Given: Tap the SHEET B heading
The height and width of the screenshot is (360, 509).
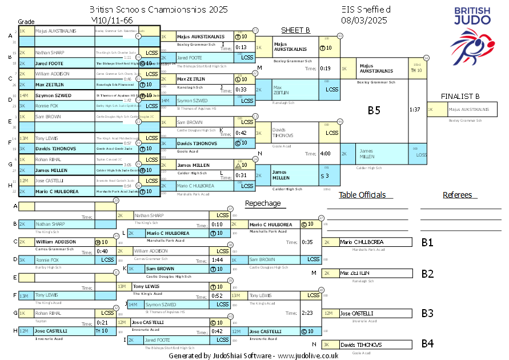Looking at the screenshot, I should click(x=295, y=30).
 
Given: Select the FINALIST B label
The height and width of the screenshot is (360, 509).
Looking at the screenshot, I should click(x=460, y=96).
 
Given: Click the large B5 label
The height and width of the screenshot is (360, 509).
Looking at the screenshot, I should click(x=374, y=111).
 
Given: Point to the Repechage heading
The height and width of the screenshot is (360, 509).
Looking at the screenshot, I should click(x=263, y=203).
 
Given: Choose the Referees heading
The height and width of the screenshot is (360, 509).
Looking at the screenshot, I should click(x=457, y=195).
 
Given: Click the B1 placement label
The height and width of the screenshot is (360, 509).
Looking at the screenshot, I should click(x=427, y=242).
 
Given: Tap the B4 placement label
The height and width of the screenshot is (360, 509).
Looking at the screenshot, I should click(x=427, y=344).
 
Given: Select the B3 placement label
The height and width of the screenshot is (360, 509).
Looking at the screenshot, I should click(x=427, y=313).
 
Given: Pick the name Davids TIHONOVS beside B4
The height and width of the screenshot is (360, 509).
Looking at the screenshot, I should click(x=361, y=345).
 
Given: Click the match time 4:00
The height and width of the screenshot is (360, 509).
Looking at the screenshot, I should click(x=326, y=154).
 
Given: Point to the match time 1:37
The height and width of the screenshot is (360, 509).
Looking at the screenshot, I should click(x=415, y=109).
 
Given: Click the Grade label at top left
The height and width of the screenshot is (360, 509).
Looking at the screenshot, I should click(x=26, y=20).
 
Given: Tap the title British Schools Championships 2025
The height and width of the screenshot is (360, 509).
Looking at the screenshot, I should click(x=158, y=10).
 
